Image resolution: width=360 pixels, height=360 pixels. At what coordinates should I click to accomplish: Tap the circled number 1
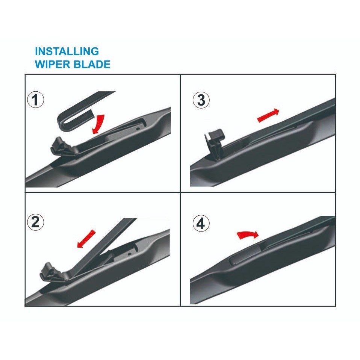(36, 100)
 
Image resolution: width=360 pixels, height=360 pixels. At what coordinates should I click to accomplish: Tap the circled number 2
(36, 222)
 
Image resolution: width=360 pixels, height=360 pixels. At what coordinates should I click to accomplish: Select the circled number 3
(201, 100)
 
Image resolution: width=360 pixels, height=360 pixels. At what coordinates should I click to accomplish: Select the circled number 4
(201, 224)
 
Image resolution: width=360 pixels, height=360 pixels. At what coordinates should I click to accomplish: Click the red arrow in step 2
(86, 239)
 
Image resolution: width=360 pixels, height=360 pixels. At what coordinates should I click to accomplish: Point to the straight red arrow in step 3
(268, 115)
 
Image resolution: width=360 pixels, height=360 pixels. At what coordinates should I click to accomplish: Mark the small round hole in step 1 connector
(138, 128)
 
